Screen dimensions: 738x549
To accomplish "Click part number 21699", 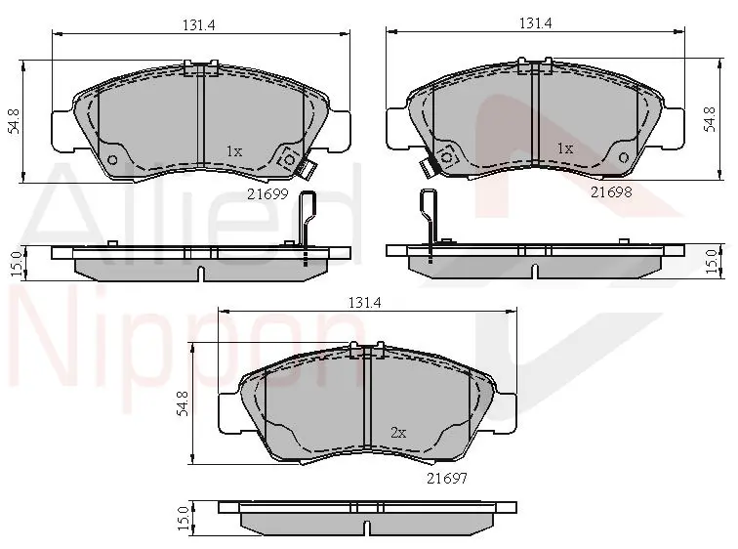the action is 267,193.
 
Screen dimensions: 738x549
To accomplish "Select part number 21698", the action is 611,191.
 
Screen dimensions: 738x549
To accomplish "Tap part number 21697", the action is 447,478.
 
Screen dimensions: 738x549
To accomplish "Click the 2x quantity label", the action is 398,432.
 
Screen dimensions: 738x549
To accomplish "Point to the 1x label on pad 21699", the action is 234,151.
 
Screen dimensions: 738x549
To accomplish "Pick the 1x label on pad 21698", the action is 565,148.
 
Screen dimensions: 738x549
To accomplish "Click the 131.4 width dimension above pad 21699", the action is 198,25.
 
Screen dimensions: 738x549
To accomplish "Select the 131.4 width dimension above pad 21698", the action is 536,23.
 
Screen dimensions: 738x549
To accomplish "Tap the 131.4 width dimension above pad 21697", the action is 364,302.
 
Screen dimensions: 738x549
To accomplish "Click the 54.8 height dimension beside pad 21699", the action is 15,121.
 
